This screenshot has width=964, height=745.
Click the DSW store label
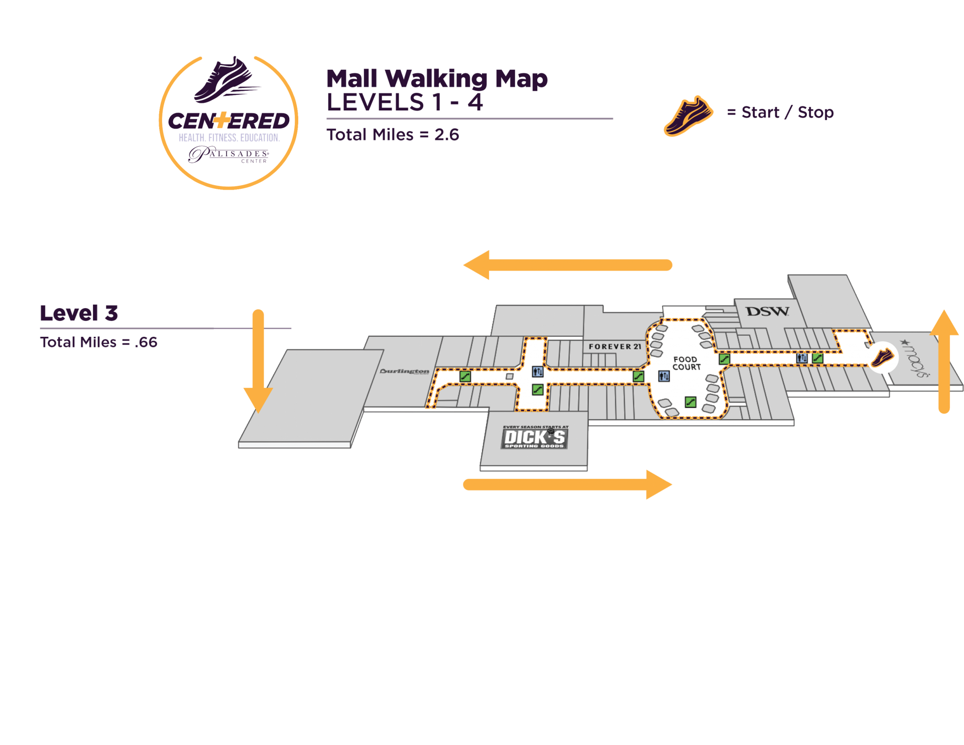pyautogui.click(x=767, y=312)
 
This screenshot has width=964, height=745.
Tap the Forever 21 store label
pyautogui.click(x=615, y=346)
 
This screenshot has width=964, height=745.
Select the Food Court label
pyautogui.click(x=686, y=363)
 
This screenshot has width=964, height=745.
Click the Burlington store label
pyautogui.click(x=405, y=371)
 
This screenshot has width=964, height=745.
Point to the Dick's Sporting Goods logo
pyautogui.click(x=535, y=437)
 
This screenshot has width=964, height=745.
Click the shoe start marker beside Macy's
pyautogui.click(x=882, y=358)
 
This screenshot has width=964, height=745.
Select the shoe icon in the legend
pyautogui.click(x=688, y=115)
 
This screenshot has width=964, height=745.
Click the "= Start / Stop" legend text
pyautogui.click(x=780, y=112)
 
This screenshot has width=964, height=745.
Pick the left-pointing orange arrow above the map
pyautogui.click(x=567, y=265)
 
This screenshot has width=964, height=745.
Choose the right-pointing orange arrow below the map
pyautogui.click(x=567, y=484)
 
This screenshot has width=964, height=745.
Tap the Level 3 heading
pyautogui.click(x=79, y=313)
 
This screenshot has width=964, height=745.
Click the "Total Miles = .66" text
pyautogui.click(x=98, y=342)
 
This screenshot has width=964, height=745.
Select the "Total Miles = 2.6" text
pyautogui.click(x=393, y=135)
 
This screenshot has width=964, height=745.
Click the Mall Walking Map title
pyautogui.click(x=437, y=79)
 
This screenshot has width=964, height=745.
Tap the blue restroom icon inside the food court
pyautogui.click(x=664, y=376)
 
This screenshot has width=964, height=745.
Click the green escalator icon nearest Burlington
pyautogui.click(x=465, y=376)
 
